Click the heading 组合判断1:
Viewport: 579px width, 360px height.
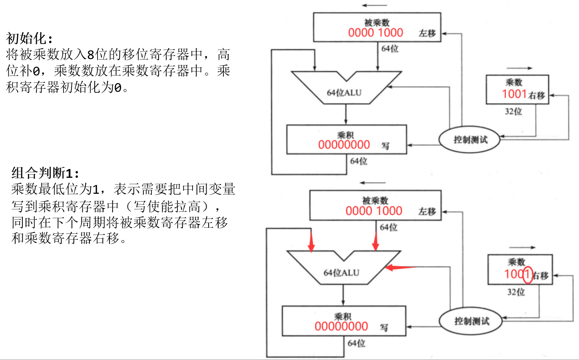pyautogui.click(x=45, y=173)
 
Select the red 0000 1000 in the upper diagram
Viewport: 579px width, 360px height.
pyautogui.click(x=375, y=33)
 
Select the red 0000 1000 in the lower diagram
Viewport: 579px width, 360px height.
pyautogui.click(x=374, y=211)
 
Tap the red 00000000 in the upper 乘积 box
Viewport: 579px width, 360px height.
pyautogui.click(x=344, y=145)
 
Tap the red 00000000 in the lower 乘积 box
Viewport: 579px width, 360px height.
pyautogui.click(x=341, y=326)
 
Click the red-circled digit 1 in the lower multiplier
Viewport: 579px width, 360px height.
pyautogui.click(x=527, y=274)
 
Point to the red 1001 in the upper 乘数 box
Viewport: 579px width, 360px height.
pyautogui.click(x=514, y=94)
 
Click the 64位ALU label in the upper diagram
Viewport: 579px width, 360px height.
pyautogui.click(x=344, y=93)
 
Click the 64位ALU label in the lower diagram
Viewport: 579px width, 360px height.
pyautogui.click(x=341, y=273)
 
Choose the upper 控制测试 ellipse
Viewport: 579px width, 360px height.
pyautogui.click(x=470, y=140)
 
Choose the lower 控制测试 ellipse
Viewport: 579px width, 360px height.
pyautogui.click(x=471, y=321)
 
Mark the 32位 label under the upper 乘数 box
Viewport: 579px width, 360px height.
pyautogui.click(x=513, y=111)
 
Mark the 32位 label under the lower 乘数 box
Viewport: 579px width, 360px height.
pyautogui.click(x=516, y=292)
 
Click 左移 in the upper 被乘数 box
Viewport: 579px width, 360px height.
pyautogui.click(x=427, y=33)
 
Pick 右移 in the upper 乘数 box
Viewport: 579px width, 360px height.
pyautogui.click(x=537, y=95)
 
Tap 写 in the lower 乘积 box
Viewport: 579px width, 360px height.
pyautogui.click(x=384, y=328)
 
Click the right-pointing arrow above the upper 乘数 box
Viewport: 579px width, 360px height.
pyautogui.click(x=519, y=69)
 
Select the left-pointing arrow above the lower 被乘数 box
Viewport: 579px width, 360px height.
pyautogui.click(x=372, y=183)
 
